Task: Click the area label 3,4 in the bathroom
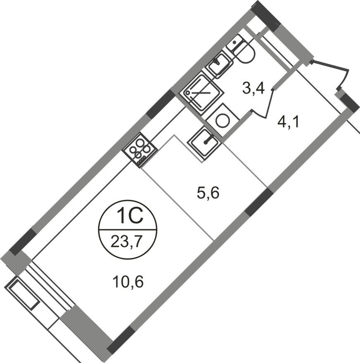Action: tap(253, 88)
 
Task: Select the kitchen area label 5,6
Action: tap(207, 192)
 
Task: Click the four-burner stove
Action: tap(140, 149)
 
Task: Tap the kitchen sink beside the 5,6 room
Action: tap(205, 141)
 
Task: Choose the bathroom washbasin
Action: tap(219, 64)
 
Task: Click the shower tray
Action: tap(203, 92)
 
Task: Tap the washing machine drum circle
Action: tap(223, 120)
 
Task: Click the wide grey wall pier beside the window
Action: tap(85, 326)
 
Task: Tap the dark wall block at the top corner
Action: tap(266, 16)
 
